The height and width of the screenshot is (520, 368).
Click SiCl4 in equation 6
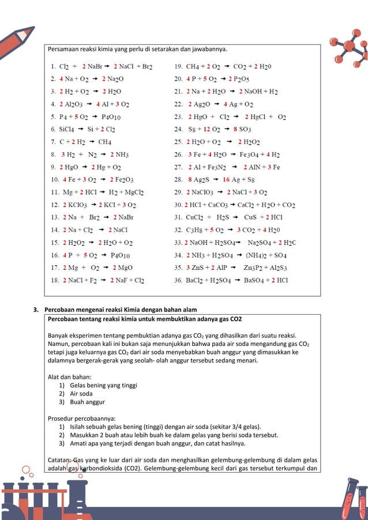(x=67, y=129)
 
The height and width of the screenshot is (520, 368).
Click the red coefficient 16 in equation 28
(x=227, y=179)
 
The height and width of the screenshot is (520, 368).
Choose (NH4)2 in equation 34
(x=257, y=255)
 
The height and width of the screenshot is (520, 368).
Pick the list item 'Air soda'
(x=84, y=393)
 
